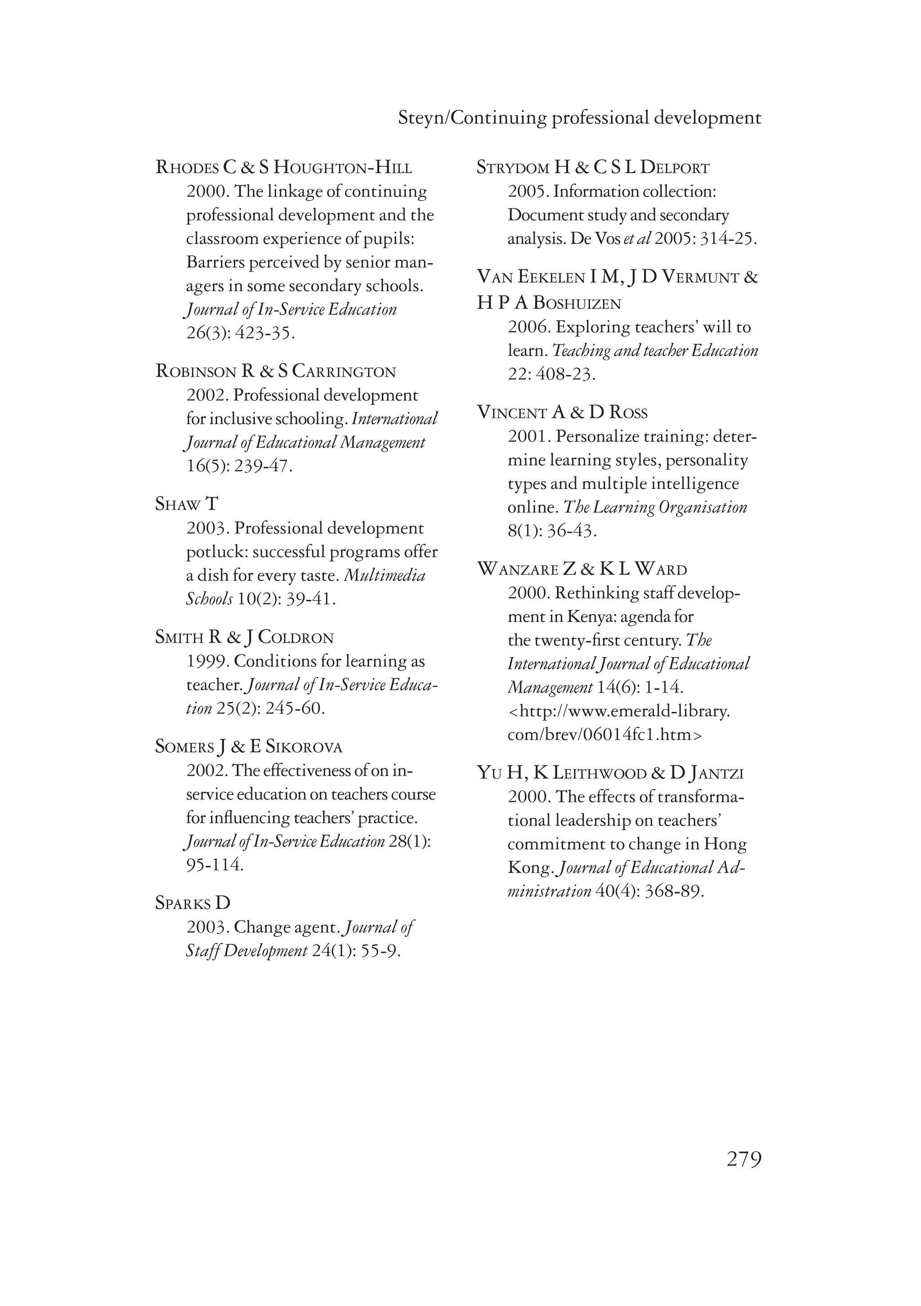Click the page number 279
pyautogui.click(x=743, y=1158)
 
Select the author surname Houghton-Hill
pyautogui.click(x=343, y=168)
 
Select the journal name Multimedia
pyautogui.click(x=385, y=576)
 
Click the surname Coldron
pyautogui.click(x=296, y=638)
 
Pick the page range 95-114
pyautogui.click(x=215, y=865)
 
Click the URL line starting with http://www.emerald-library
pyautogui.click(x=619, y=711)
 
